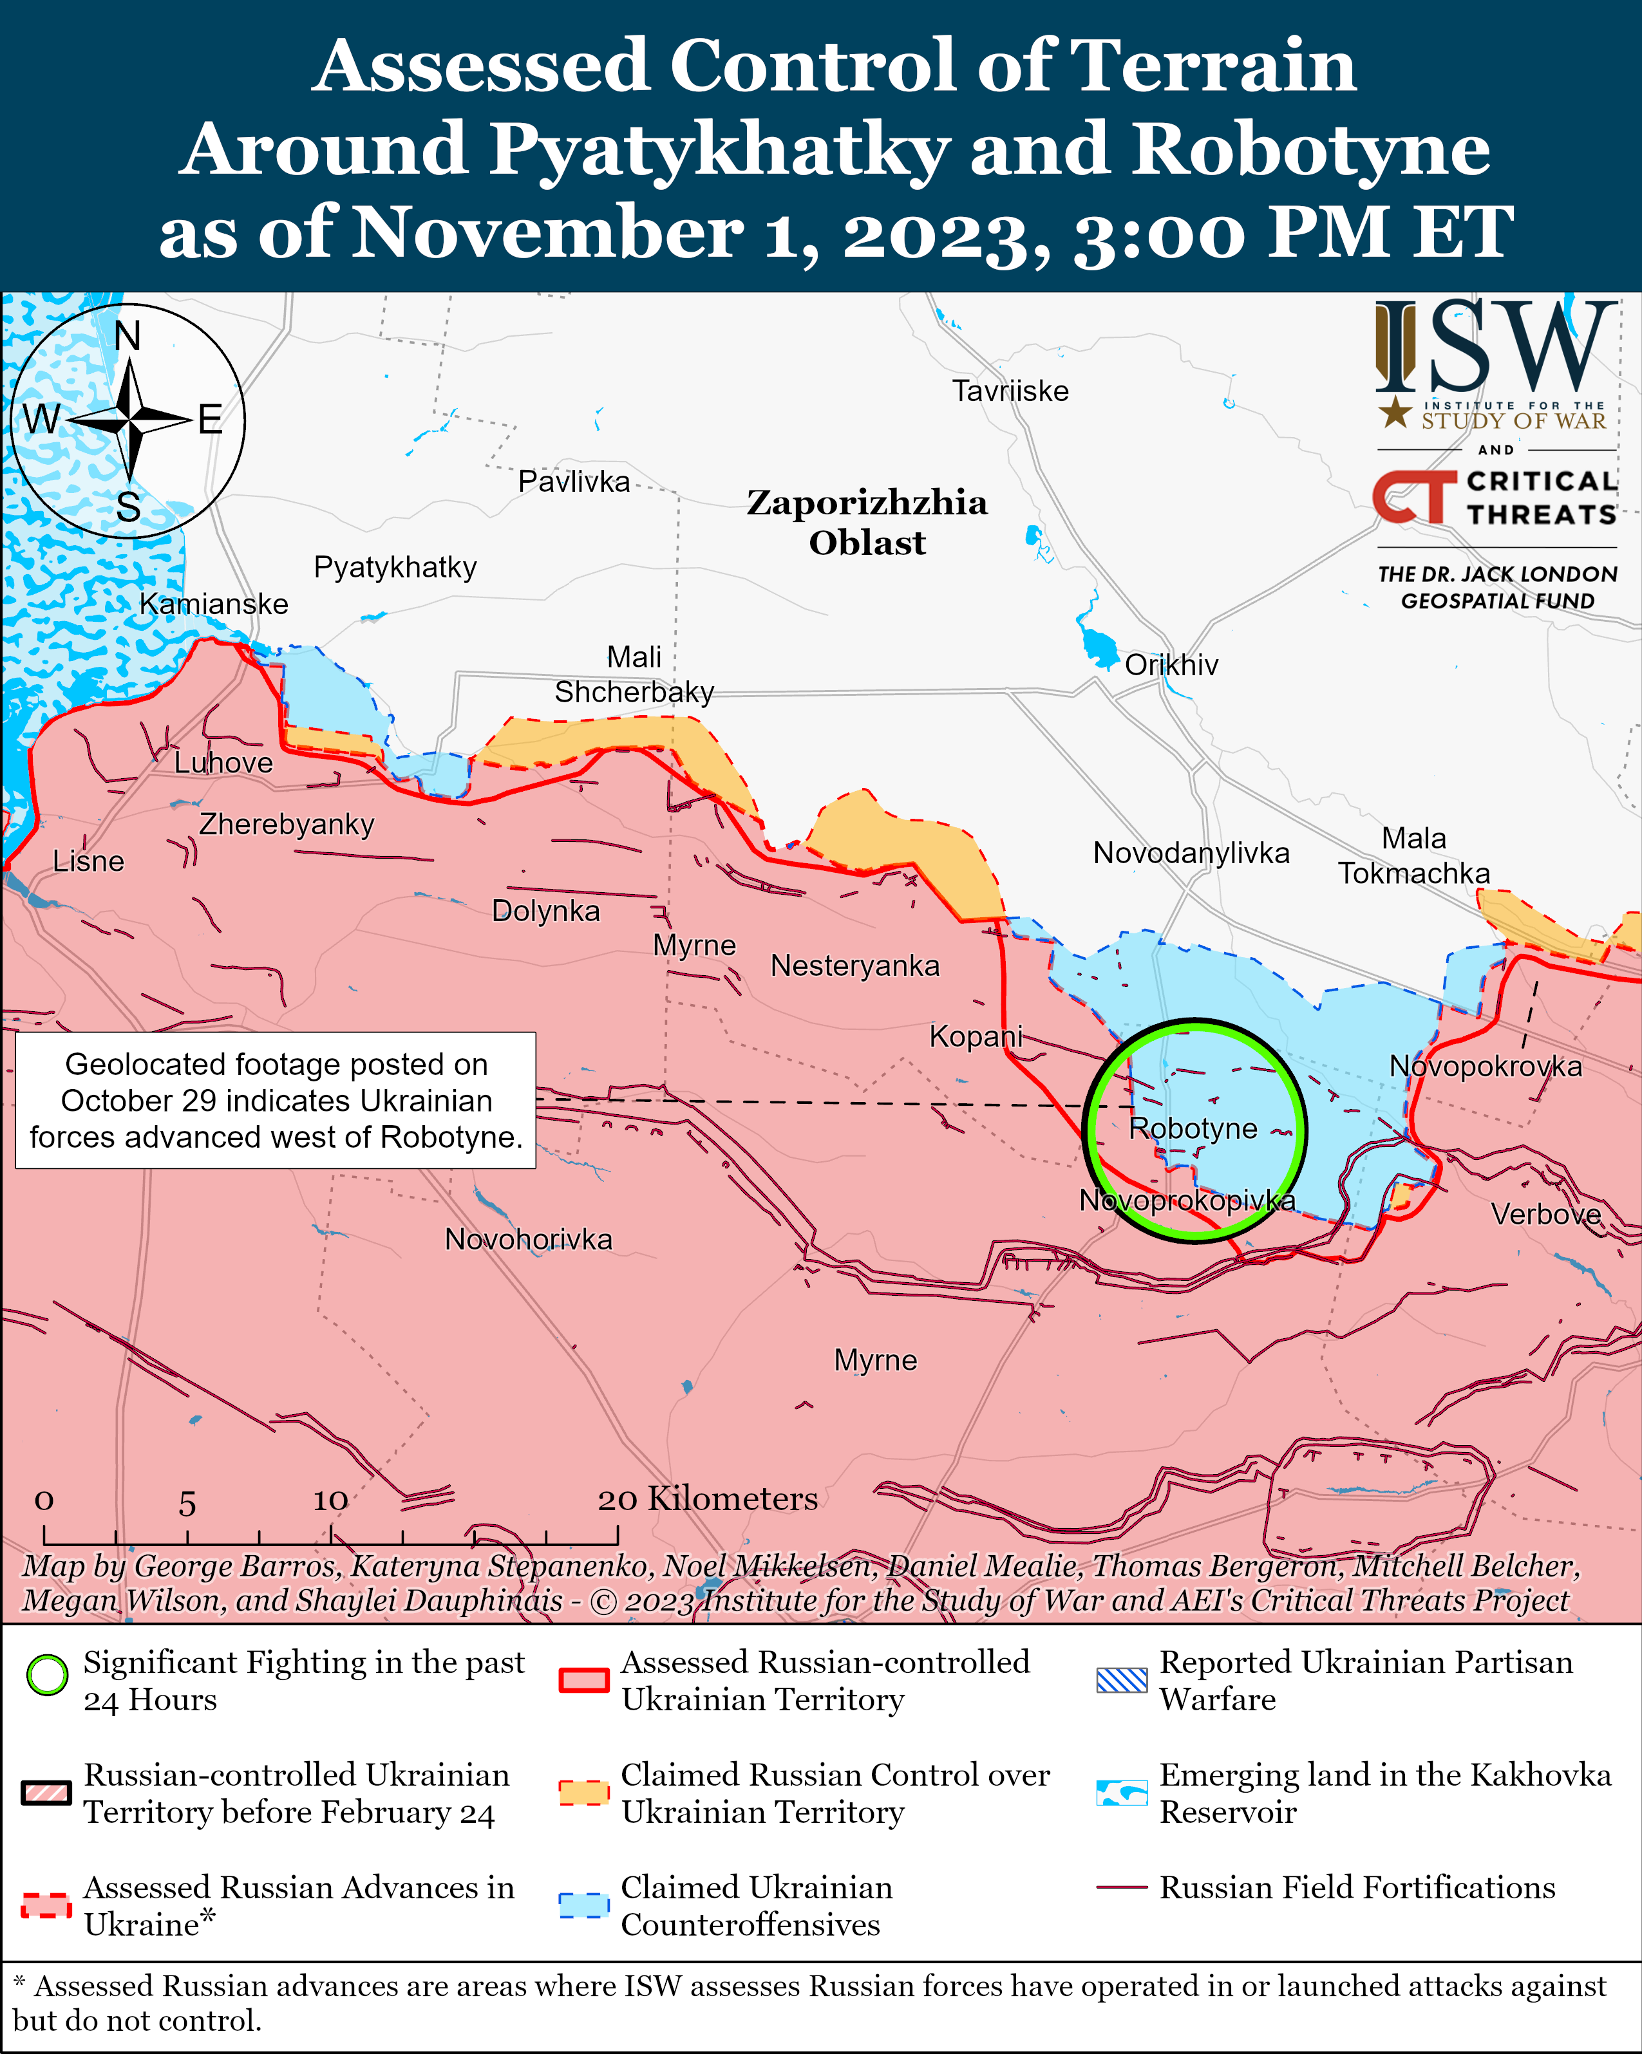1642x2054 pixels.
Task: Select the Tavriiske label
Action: point(1010,391)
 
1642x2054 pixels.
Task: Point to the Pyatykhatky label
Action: point(395,567)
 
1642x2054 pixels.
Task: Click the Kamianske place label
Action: point(214,604)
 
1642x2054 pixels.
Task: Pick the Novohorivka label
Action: point(528,1240)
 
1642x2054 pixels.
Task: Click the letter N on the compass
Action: point(127,336)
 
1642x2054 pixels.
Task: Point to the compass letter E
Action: point(211,420)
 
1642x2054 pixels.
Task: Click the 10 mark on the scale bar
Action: point(331,1500)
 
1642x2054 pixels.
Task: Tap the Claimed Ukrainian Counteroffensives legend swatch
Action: point(583,1905)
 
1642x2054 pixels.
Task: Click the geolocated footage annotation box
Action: point(276,1100)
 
